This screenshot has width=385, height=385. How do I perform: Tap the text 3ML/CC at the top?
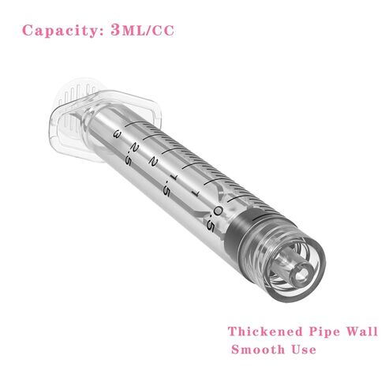[x=142, y=30]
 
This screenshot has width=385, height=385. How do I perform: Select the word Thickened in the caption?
[x=265, y=331]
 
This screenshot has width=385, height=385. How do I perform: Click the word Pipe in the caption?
[x=324, y=332]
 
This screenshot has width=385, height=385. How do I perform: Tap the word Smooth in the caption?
[x=258, y=349]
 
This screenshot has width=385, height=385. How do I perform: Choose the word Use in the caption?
[x=304, y=349]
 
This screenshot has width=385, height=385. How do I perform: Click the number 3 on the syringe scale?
[x=118, y=134]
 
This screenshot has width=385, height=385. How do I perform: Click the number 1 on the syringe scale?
[x=196, y=194]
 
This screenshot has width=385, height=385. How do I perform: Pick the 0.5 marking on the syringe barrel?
[x=215, y=219]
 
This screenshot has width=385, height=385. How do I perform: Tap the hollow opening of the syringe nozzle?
[x=302, y=275]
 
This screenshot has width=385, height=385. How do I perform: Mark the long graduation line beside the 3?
[x=135, y=124]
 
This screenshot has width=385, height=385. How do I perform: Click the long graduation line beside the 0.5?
[x=239, y=198]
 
